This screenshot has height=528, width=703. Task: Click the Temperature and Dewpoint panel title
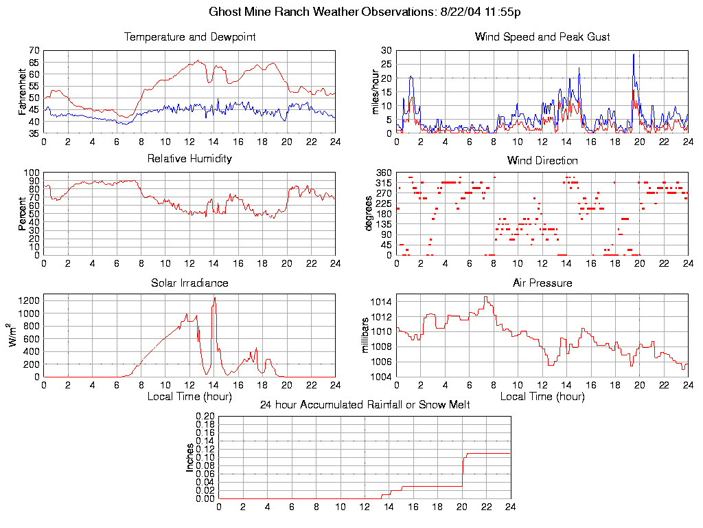pos(189,37)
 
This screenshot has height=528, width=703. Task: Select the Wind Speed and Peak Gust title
pos(542,37)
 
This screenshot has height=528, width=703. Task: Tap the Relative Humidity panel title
pos(189,159)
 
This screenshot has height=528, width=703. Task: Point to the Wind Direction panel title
pos(542,161)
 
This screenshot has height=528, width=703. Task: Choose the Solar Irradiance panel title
pos(189,283)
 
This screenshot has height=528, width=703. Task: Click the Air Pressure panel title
pos(542,283)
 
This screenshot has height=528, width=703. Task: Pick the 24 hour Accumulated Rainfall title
pos(365,405)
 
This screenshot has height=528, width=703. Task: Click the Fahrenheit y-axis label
pos(23,91)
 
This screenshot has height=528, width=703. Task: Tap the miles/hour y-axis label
pos(376,91)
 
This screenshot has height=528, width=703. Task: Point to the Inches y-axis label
pos(190,457)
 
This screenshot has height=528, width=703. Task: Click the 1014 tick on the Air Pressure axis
pos(383,302)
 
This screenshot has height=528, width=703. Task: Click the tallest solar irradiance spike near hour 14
pos(215,298)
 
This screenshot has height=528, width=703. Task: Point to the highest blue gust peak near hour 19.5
pos(634,54)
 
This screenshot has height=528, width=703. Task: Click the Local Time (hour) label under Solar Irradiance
pos(189,397)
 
